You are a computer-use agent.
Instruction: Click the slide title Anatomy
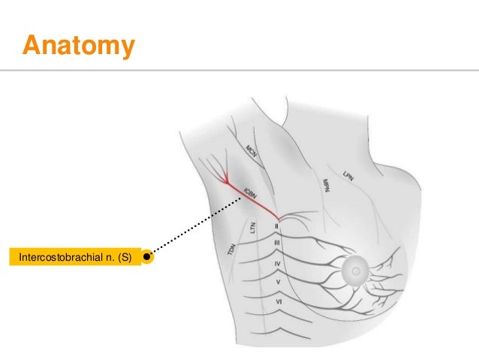click(x=79, y=46)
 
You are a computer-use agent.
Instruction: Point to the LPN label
click(x=348, y=175)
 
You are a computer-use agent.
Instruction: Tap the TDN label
click(x=230, y=249)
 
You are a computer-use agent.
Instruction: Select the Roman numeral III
click(x=277, y=244)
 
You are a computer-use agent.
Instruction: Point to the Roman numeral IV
click(x=277, y=264)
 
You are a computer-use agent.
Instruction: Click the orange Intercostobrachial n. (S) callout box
click(x=75, y=257)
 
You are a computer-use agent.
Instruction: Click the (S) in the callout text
click(x=123, y=257)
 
